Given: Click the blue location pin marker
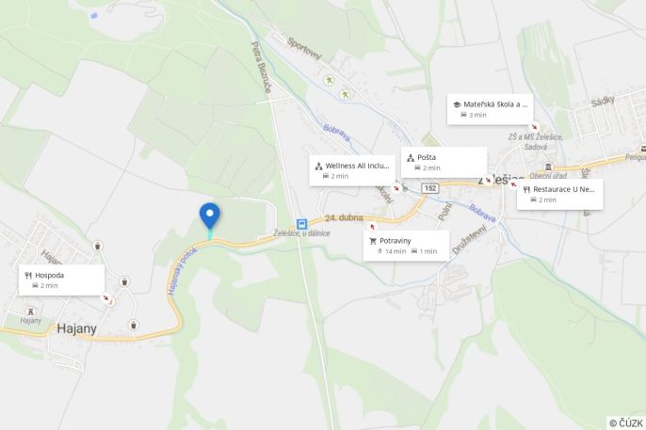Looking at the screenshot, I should click(209, 215).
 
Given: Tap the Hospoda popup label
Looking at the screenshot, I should click(61, 279).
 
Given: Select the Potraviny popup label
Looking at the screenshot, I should click(406, 246).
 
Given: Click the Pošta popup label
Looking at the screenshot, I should click(444, 162).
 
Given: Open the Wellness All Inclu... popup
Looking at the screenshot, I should click(351, 169).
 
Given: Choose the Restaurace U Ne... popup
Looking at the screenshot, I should click(559, 194).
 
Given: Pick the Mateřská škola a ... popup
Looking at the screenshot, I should click(490, 109).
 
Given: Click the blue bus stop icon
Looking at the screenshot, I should click(301, 224).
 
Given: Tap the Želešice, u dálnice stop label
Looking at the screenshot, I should click(302, 234).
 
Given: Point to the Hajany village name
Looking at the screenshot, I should click(77, 328).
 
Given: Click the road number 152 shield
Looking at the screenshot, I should click(430, 189).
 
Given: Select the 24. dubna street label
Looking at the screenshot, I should click(344, 218).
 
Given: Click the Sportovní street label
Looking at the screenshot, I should click(304, 45).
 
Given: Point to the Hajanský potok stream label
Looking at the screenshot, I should click(183, 271).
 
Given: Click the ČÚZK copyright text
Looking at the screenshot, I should click(626, 422).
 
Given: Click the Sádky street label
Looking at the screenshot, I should click(602, 100).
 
